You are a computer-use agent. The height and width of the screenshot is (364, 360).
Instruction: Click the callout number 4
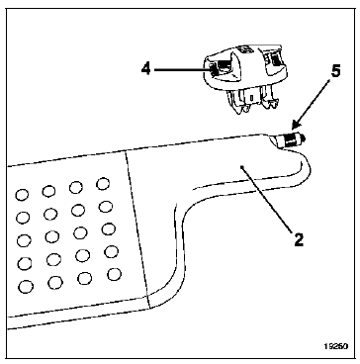coord(146,69)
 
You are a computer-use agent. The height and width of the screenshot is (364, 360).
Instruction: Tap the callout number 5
coord(335,71)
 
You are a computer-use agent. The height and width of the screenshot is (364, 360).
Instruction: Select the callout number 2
coord(298,239)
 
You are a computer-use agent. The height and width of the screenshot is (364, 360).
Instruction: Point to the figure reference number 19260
coord(335,347)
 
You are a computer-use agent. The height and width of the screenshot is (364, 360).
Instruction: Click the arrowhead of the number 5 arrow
coord(296,125)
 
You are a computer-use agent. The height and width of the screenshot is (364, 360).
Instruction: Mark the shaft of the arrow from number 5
coord(313,103)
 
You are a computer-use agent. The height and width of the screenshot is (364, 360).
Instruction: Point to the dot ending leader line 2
coord(243,167)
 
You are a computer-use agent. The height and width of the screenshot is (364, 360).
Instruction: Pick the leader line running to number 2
coord(268,198)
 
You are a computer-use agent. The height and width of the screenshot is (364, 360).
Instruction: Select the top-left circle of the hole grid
coord(22,195)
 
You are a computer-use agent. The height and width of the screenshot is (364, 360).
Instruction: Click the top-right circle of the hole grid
coord(103,184)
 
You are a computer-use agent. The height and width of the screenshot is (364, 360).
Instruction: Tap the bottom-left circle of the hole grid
coord(26,287)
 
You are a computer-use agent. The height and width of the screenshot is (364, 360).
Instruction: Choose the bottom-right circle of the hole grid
coord(114,274)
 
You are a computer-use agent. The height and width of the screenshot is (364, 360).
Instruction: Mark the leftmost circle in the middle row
coord(24,240)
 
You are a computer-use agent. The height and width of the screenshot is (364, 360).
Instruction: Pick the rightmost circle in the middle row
coord(109,229)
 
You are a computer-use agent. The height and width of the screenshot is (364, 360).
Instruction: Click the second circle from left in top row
coord(48,191)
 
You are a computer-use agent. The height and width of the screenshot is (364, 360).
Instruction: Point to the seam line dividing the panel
coord(137,229)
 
